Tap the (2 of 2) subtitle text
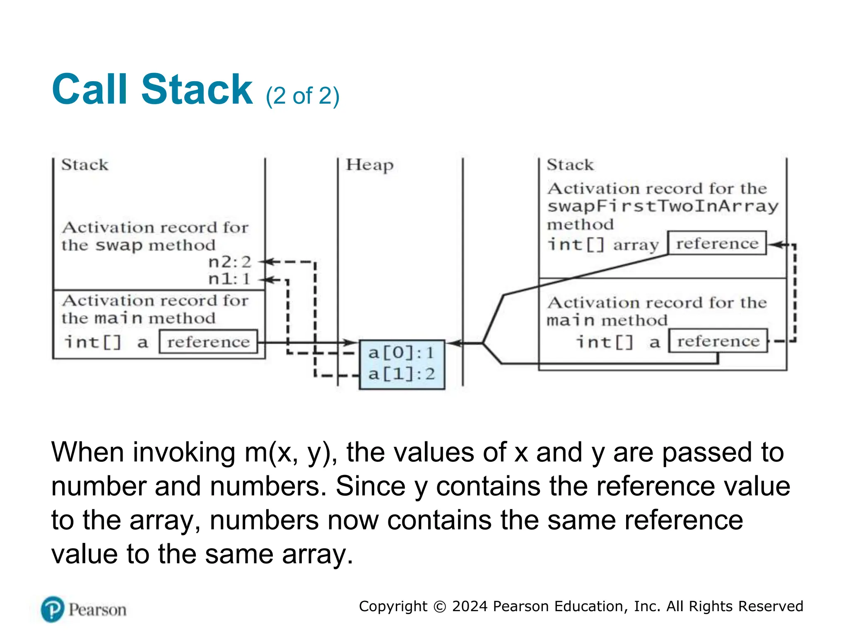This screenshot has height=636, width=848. coord(302,96)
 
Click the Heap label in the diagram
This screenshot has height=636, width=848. coord(369,165)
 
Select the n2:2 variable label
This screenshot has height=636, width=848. coord(230,262)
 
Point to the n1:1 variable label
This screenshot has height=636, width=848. coord(230,279)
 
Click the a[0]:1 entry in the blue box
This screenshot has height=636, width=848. coord(401,353)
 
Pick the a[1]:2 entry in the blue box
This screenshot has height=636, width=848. coord(401,374)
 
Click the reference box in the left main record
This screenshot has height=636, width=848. coord(208,342)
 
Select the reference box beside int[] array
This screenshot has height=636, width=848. coord(717,243)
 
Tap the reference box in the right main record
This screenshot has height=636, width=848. coord(718,341)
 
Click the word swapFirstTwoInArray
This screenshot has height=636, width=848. coord(662,206)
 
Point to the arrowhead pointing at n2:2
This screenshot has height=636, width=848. coord(267,262)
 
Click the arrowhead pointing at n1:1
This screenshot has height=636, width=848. coord(267,280)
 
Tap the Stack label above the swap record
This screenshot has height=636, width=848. coord(85,165)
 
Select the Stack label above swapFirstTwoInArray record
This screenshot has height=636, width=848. coord(570,165)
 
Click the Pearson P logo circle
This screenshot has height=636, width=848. coord(53,609)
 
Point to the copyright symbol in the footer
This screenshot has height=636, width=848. coord(439,607)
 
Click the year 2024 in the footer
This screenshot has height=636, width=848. coord(470,606)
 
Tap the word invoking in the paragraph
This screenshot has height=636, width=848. coord(184,452)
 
